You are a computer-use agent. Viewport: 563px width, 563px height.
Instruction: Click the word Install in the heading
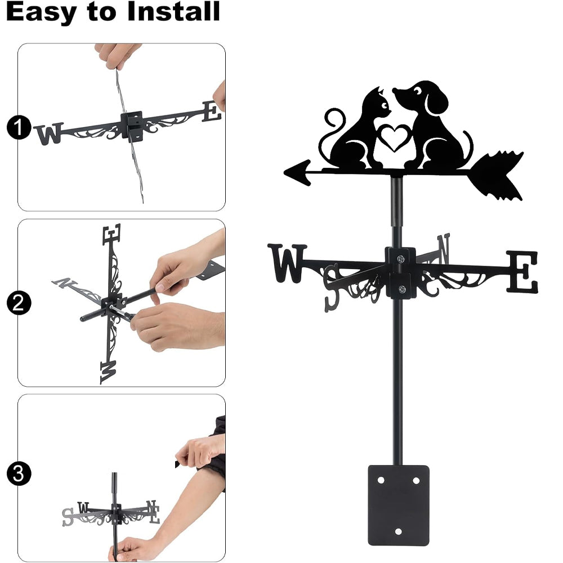(x=173, y=11)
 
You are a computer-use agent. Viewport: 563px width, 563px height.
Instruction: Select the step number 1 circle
(x=19, y=127)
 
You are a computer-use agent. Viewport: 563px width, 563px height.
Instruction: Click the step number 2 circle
(x=19, y=303)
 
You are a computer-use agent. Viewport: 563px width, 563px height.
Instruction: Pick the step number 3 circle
(x=19, y=473)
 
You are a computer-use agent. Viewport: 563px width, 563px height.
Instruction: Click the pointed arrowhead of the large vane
(x=298, y=173)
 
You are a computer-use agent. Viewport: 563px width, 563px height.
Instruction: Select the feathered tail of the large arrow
(x=498, y=176)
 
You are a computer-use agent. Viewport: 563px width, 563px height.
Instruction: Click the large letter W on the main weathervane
(x=287, y=263)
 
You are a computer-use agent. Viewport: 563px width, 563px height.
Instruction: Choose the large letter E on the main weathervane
(x=522, y=271)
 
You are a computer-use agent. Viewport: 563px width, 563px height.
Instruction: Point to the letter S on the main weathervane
(x=332, y=288)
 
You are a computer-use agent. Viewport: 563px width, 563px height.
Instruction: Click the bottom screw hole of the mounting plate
(x=398, y=531)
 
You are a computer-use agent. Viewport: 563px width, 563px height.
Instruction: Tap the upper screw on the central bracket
(x=401, y=258)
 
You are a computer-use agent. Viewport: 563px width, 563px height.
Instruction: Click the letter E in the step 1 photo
(x=212, y=111)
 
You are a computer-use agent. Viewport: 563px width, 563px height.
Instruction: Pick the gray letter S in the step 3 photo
(x=68, y=517)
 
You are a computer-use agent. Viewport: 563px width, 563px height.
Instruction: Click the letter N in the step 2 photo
(x=64, y=283)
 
